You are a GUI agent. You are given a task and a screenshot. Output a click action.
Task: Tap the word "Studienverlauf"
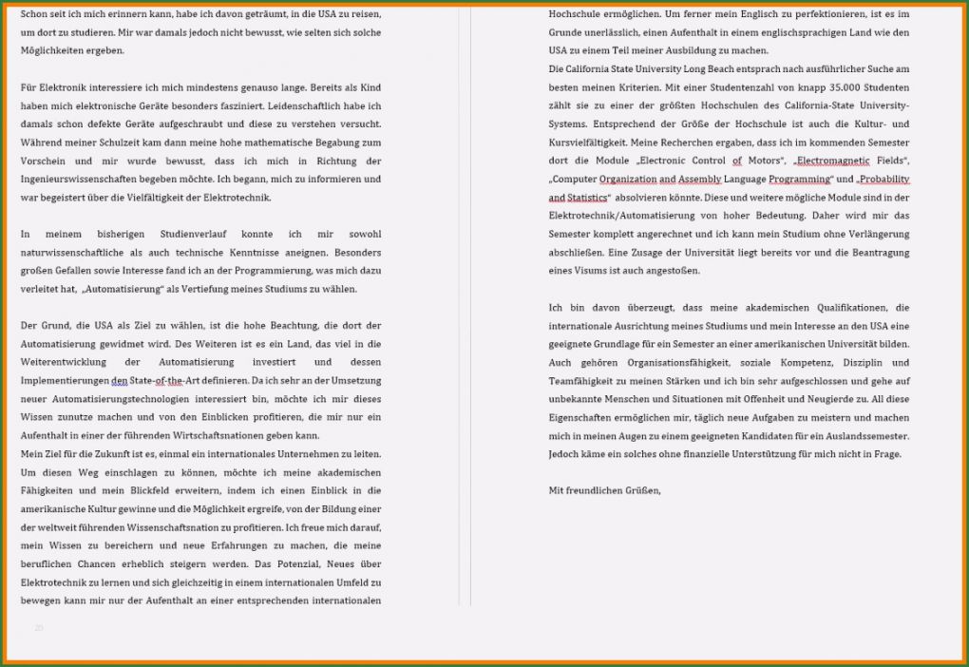pos(191,234)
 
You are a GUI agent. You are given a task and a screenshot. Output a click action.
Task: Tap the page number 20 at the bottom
pos(39,628)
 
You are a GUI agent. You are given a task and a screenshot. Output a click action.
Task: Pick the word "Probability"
pos(884,179)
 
